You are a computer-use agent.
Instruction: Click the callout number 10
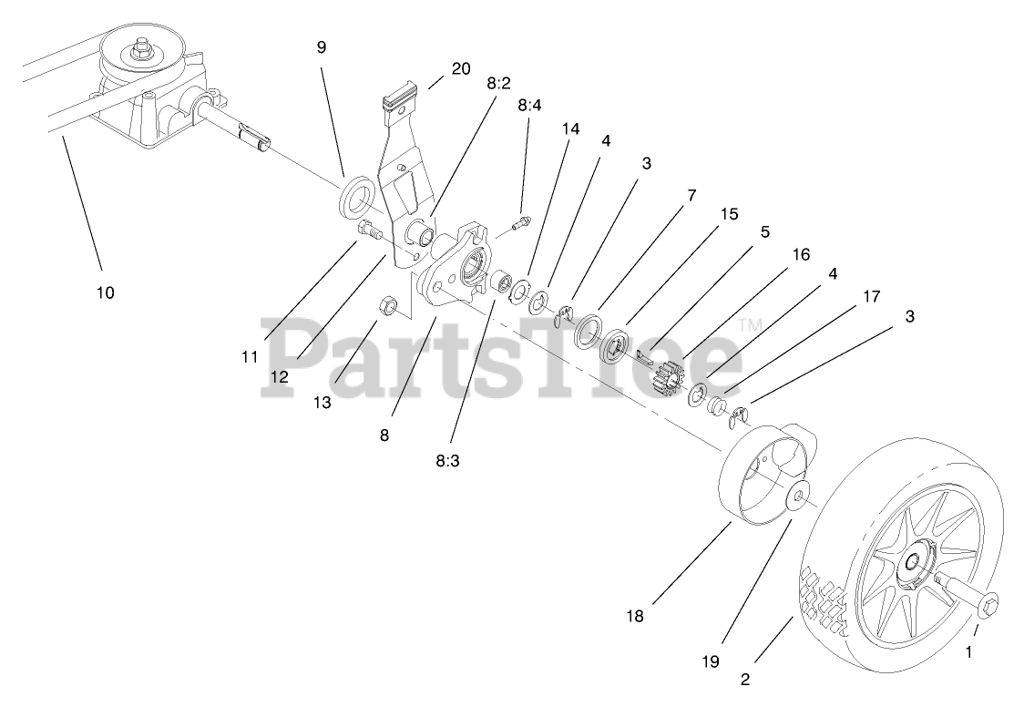105,292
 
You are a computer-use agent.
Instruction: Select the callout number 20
461,67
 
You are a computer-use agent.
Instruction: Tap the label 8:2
498,82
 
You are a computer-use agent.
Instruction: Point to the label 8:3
447,460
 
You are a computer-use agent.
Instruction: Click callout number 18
635,616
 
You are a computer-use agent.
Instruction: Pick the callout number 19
711,661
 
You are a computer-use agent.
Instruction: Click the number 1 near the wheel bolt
968,651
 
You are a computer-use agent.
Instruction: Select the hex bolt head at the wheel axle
988,603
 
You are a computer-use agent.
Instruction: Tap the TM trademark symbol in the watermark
748,324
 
